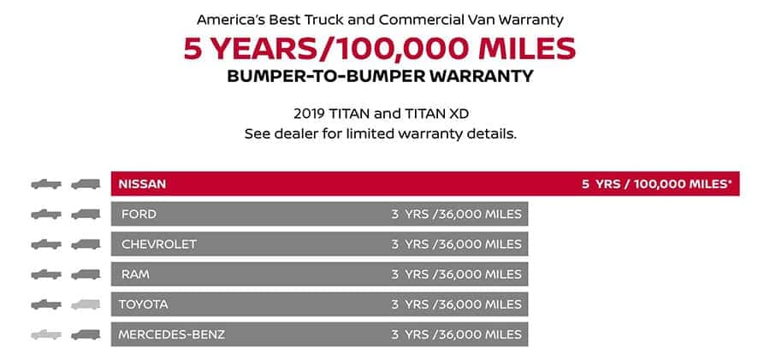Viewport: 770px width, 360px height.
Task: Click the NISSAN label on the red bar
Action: pyautogui.click(x=142, y=184)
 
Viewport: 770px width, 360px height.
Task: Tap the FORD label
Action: pyautogui.click(x=139, y=214)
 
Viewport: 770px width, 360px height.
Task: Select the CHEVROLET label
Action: pyautogui.click(x=158, y=244)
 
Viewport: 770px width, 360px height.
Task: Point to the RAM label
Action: pyautogui.click(x=135, y=274)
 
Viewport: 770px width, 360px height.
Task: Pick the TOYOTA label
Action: pyautogui.click(x=143, y=304)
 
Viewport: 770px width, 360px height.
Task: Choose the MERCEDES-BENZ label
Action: pyautogui.click(x=171, y=334)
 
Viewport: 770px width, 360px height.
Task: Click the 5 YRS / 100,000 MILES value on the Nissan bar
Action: pyautogui.click(x=656, y=184)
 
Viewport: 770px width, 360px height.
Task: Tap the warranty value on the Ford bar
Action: pyautogui.click(x=456, y=214)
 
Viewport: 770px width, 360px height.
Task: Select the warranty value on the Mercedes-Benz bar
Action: pyautogui.click(x=456, y=334)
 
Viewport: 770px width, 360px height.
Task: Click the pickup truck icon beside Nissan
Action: pyautogui.click(x=46, y=184)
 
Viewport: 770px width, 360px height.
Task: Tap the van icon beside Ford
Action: pyautogui.click(x=86, y=214)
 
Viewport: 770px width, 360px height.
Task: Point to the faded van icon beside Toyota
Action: pyautogui.click(x=86, y=304)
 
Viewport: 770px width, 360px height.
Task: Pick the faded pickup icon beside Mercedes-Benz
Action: pyautogui.click(x=46, y=335)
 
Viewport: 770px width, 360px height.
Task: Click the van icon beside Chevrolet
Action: pyautogui.click(x=86, y=244)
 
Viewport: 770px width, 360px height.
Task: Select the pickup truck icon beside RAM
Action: pyautogui.click(x=46, y=274)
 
